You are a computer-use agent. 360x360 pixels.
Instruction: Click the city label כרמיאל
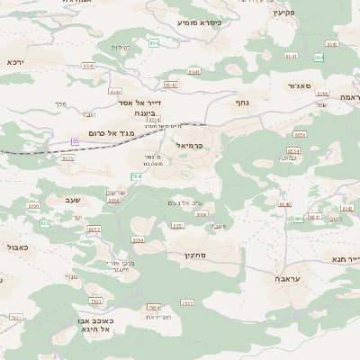tap(191, 145)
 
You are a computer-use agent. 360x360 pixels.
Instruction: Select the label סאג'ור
tap(299, 85)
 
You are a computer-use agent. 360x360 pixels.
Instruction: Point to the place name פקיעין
tap(283, 13)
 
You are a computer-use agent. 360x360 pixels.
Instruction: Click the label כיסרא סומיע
tap(199, 22)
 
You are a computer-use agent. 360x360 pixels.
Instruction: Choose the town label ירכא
tap(15, 62)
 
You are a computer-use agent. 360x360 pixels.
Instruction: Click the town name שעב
tap(73, 200)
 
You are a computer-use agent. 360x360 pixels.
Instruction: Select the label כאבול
tap(17, 246)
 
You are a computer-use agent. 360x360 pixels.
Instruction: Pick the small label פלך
tap(61, 104)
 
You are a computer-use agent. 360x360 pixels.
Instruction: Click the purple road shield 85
tap(76, 141)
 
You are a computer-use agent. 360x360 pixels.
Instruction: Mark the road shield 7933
tap(96, 301)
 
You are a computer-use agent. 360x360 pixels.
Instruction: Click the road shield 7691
tap(15, 318)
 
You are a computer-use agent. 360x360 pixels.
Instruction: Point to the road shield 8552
tap(94, 229)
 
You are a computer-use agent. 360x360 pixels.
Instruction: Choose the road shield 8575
tap(67, 158)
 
